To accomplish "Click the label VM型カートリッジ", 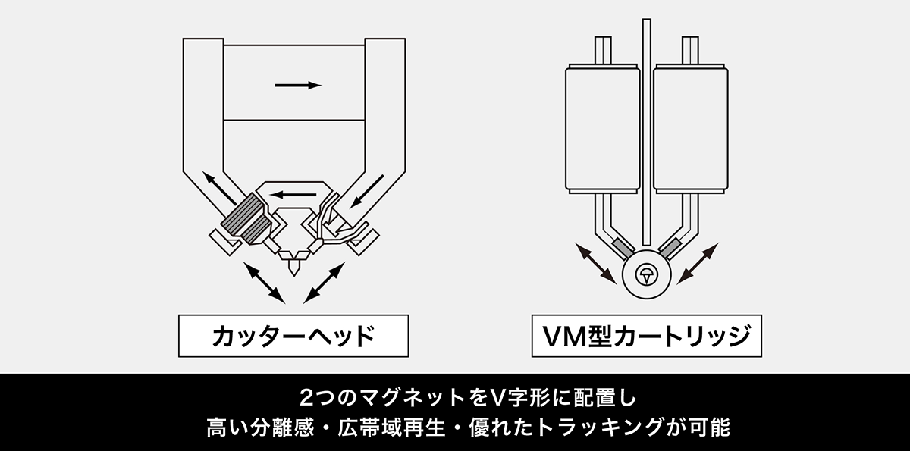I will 645,335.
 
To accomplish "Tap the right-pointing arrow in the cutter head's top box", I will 298,86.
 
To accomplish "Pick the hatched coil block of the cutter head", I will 244,218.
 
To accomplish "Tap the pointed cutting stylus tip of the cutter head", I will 293,267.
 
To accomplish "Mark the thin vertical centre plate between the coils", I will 646,129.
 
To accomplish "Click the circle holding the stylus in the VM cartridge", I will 646,274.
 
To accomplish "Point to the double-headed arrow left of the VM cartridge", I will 595,263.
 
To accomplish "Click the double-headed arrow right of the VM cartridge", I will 697,263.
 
